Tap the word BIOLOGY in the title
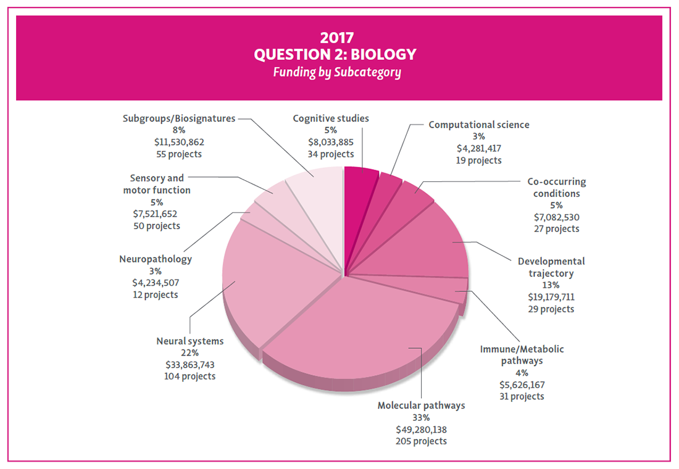point(385,54)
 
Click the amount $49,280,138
point(421,429)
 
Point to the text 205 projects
point(421,441)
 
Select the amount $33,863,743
point(190,364)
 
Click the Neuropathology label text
point(155,259)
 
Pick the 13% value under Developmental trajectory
point(551,285)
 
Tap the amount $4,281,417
point(478,148)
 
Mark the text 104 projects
point(190,376)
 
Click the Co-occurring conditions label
point(556,188)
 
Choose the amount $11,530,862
point(178,142)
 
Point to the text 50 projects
point(157,225)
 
